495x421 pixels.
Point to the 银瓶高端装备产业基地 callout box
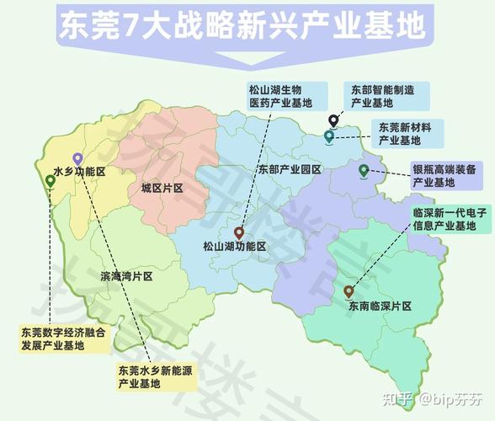(x=444, y=175)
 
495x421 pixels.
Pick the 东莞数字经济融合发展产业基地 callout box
(x=64, y=339)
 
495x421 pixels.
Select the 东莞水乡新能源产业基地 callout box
(x=156, y=376)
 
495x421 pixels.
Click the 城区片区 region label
(x=162, y=188)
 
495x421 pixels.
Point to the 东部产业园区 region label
(x=290, y=169)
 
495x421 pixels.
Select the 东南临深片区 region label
(x=379, y=306)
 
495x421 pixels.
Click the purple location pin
(x=77, y=157)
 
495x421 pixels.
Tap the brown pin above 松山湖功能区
(x=239, y=232)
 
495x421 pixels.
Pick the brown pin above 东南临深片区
(x=349, y=290)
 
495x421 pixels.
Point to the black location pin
(x=333, y=120)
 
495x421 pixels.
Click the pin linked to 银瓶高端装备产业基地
(x=364, y=170)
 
